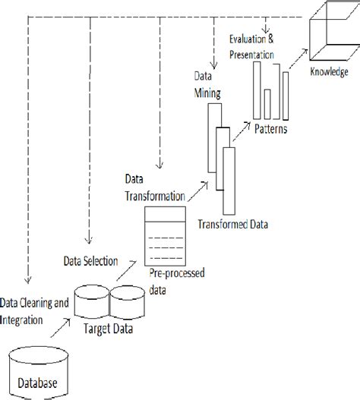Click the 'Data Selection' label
click(x=90, y=262)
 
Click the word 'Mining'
click(x=207, y=93)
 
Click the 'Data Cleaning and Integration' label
click(x=34, y=309)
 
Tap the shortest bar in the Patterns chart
click(x=268, y=102)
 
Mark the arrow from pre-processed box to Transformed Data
click(x=196, y=191)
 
